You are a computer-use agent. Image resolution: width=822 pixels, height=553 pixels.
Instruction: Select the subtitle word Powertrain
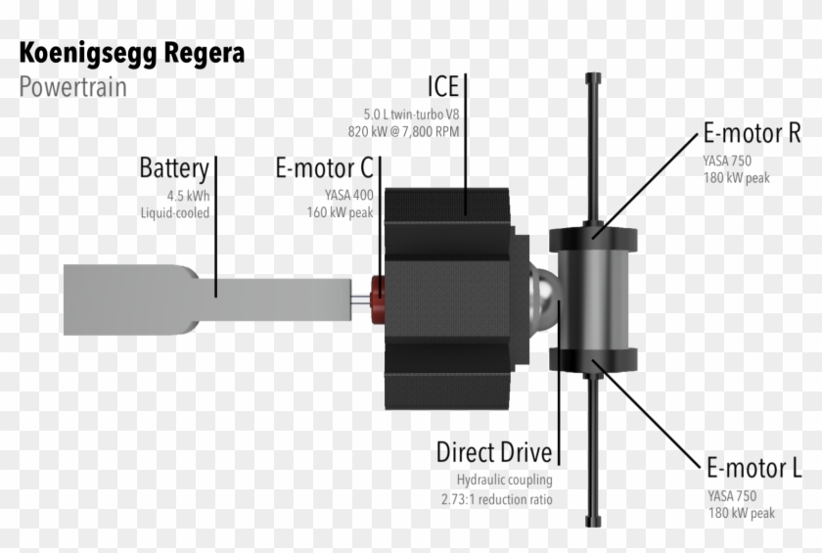(x=72, y=86)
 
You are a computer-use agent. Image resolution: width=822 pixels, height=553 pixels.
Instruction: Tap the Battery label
(x=173, y=167)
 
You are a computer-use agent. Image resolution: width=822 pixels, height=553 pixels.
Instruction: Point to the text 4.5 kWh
(x=187, y=194)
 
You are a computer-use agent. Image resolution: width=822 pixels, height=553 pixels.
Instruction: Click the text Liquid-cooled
(x=174, y=211)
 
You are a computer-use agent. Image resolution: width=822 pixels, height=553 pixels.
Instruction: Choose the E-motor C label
(x=322, y=169)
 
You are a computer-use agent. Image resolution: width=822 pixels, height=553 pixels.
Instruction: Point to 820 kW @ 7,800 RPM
(x=403, y=130)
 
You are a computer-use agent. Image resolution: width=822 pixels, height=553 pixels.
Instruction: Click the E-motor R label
(x=752, y=133)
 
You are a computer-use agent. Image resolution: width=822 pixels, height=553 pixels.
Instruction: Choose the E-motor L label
(x=753, y=468)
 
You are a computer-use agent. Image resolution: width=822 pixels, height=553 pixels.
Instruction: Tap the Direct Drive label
(x=494, y=453)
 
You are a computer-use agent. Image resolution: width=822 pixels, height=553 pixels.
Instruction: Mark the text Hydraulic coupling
(x=504, y=481)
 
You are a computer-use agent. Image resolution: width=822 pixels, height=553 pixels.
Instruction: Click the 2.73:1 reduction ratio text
(x=497, y=499)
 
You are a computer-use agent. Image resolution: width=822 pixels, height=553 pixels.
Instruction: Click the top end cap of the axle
(x=592, y=77)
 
